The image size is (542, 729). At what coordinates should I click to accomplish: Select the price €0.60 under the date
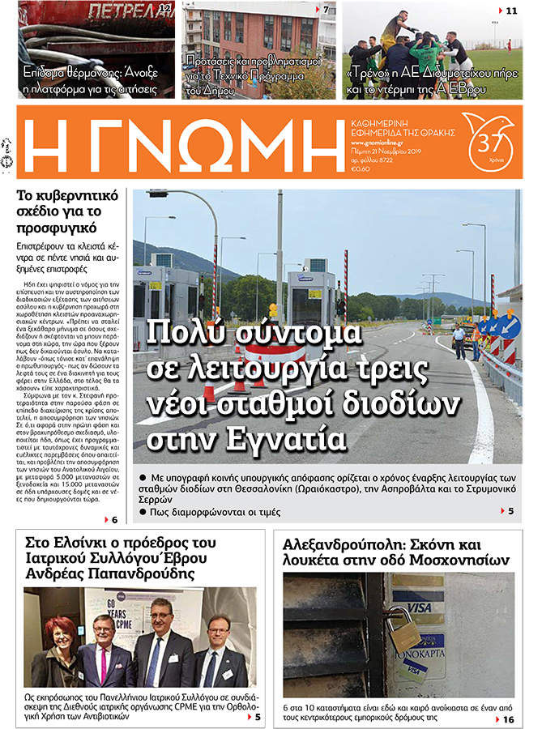pos(361,168)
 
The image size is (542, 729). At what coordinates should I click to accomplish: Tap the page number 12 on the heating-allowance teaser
pos(164,10)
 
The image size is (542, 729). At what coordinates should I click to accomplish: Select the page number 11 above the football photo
pos(511,11)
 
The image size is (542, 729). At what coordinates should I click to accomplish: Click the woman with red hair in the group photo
pos(62,645)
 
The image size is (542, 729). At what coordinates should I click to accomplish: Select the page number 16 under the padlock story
pos(509,719)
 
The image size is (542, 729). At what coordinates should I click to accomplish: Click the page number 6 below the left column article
pos(115,519)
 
